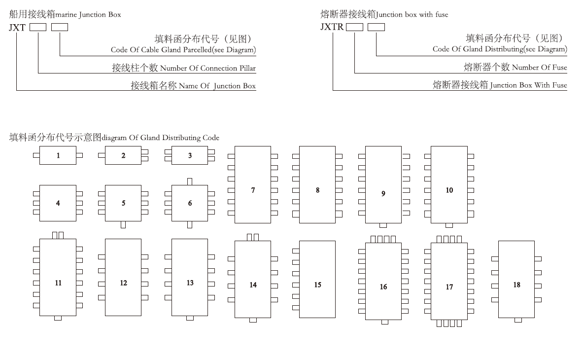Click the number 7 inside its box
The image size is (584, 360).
pyautogui.click(x=253, y=190)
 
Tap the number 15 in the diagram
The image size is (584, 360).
pyautogui.click(x=317, y=285)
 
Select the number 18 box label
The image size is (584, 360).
pyautogui.click(x=516, y=285)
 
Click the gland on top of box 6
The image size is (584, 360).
pyautogui.click(x=190, y=181)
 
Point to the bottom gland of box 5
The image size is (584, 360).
pyautogui.click(x=123, y=225)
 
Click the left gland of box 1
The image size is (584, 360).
pyautogui.click(x=36, y=155)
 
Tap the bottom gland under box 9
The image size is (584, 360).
pyautogui.click(x=383, y=225)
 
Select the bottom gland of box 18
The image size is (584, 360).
pyautogui.click(x=517, y=320)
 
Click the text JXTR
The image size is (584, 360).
pyautogui.click(x=332, y=27)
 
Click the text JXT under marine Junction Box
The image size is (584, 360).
pyautogui.click(x=17, y=28)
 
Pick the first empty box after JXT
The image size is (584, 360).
pyautogui.click(x=38, y=28)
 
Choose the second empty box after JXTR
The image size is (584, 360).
pyautogui.click(x=376, y=27)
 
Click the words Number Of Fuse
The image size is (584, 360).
pyautogui.click(x=539, y=68)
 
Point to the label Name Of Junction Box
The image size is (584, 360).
pyautogui.click(x=217, y=86)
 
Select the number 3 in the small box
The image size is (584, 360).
pyautogui.click(x=190, y=155)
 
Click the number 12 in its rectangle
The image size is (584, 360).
pyautogui.click(x=123, y=283)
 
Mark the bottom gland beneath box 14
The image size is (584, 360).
pyautogui.click(x=253, y=320)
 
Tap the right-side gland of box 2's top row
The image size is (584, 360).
pyautogui.click(x=144, y=152)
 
